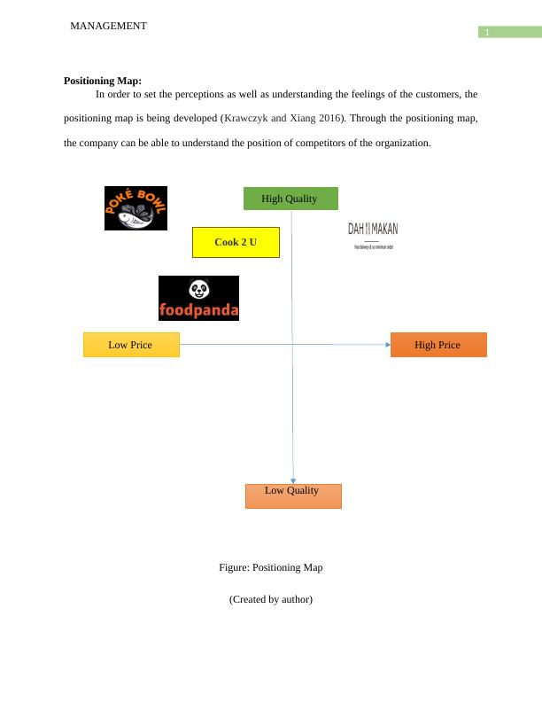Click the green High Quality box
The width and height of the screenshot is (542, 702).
tap(290, 199)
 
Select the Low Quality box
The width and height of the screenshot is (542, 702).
tap(293, 495)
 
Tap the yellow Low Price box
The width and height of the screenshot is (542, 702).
tap(131, 345)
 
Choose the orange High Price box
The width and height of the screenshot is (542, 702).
tap(438, 345)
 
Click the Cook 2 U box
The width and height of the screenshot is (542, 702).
tap(236, 242)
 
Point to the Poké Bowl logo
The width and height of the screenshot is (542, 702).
tap(135, 208)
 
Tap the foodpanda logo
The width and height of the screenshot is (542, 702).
tap(198, 298)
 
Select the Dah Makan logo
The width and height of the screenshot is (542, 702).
tap(373, 235)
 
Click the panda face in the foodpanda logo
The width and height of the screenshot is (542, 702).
tap(199, 289)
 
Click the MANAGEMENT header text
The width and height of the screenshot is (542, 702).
tap(108, 27)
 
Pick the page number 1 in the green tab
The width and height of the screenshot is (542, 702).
tap(486, 33)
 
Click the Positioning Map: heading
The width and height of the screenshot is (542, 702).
tap(103, 81)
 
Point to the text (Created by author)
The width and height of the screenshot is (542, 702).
tap(271, 599)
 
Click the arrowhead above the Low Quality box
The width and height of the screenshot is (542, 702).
tap(293, 480)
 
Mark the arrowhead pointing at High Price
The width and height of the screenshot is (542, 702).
tap(386, 345)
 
